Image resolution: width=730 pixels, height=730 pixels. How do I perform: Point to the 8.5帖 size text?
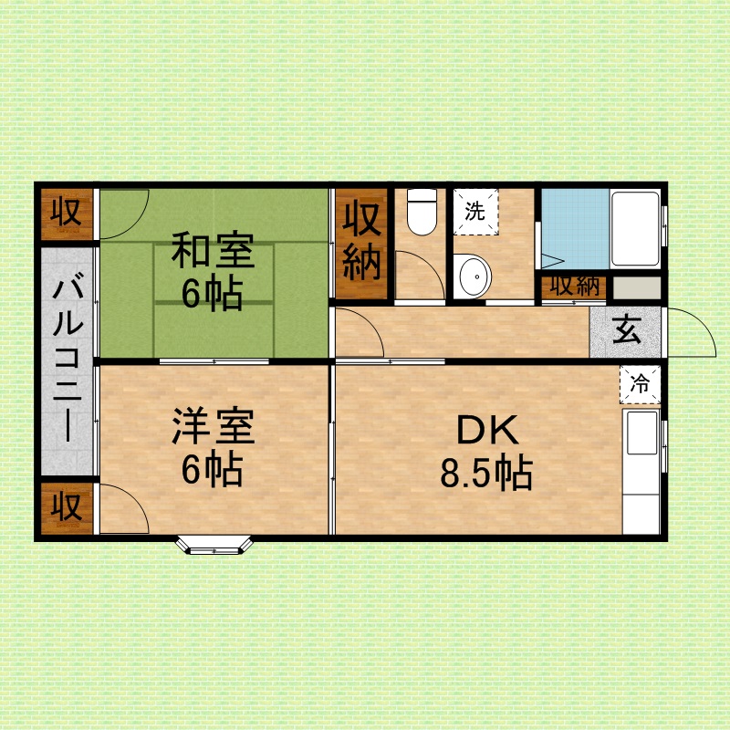[486, 473]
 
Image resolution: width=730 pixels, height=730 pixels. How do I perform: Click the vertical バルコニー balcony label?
[68, 360]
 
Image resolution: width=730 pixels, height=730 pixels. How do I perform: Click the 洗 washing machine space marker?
[475, 213]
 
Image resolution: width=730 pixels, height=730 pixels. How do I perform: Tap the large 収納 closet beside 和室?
[361, 243]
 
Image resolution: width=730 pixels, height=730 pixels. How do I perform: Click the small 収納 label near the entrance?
[575, 287]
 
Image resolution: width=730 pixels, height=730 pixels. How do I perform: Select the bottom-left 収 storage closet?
[67, 507]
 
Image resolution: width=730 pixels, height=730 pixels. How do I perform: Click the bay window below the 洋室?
[214, 545]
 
